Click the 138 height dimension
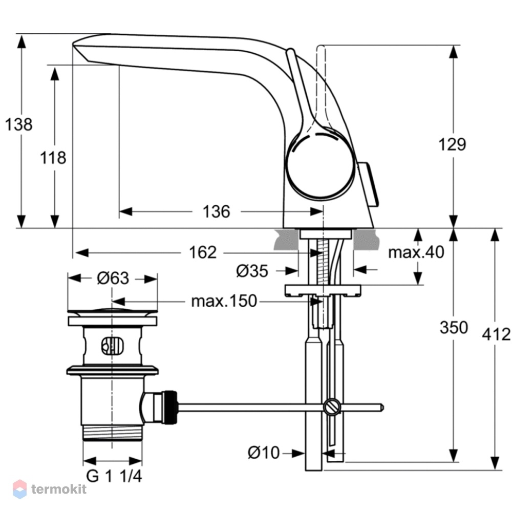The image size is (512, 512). coord(19,124)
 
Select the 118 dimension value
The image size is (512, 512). coord(53,158)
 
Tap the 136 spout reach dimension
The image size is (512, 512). coord(216,211)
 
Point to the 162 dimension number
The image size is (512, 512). coord(203,252)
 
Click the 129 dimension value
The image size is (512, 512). coord(452,144)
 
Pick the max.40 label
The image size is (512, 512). coord(416,252)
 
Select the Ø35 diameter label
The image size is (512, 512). coord(252,271)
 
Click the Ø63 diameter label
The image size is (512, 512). coord(113,278)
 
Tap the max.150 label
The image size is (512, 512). coord(224,301)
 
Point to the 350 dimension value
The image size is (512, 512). coord(454,327)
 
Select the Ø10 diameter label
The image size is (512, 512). coord(264,453)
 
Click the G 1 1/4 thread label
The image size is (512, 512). coord(114,476)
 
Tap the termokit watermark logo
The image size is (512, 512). coord(50,489)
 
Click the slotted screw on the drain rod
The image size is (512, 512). coord(332,407)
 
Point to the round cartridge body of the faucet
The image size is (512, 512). coord(319,164)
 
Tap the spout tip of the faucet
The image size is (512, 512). coord(80,49)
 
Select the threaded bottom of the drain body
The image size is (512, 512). coord(113,433)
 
